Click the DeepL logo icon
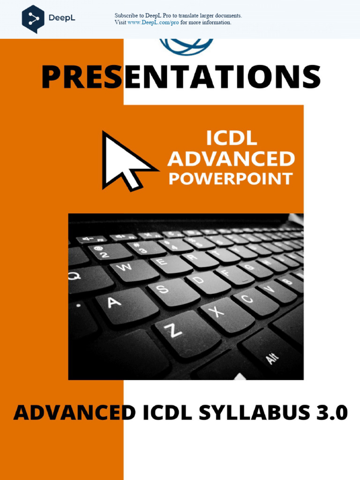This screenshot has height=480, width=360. [33, 18]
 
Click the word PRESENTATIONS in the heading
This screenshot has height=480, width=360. [180, 77]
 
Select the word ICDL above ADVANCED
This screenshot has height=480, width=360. [231, 138]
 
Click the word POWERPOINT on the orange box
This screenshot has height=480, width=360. [231, 179]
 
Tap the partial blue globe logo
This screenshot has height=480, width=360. [187, 46]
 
